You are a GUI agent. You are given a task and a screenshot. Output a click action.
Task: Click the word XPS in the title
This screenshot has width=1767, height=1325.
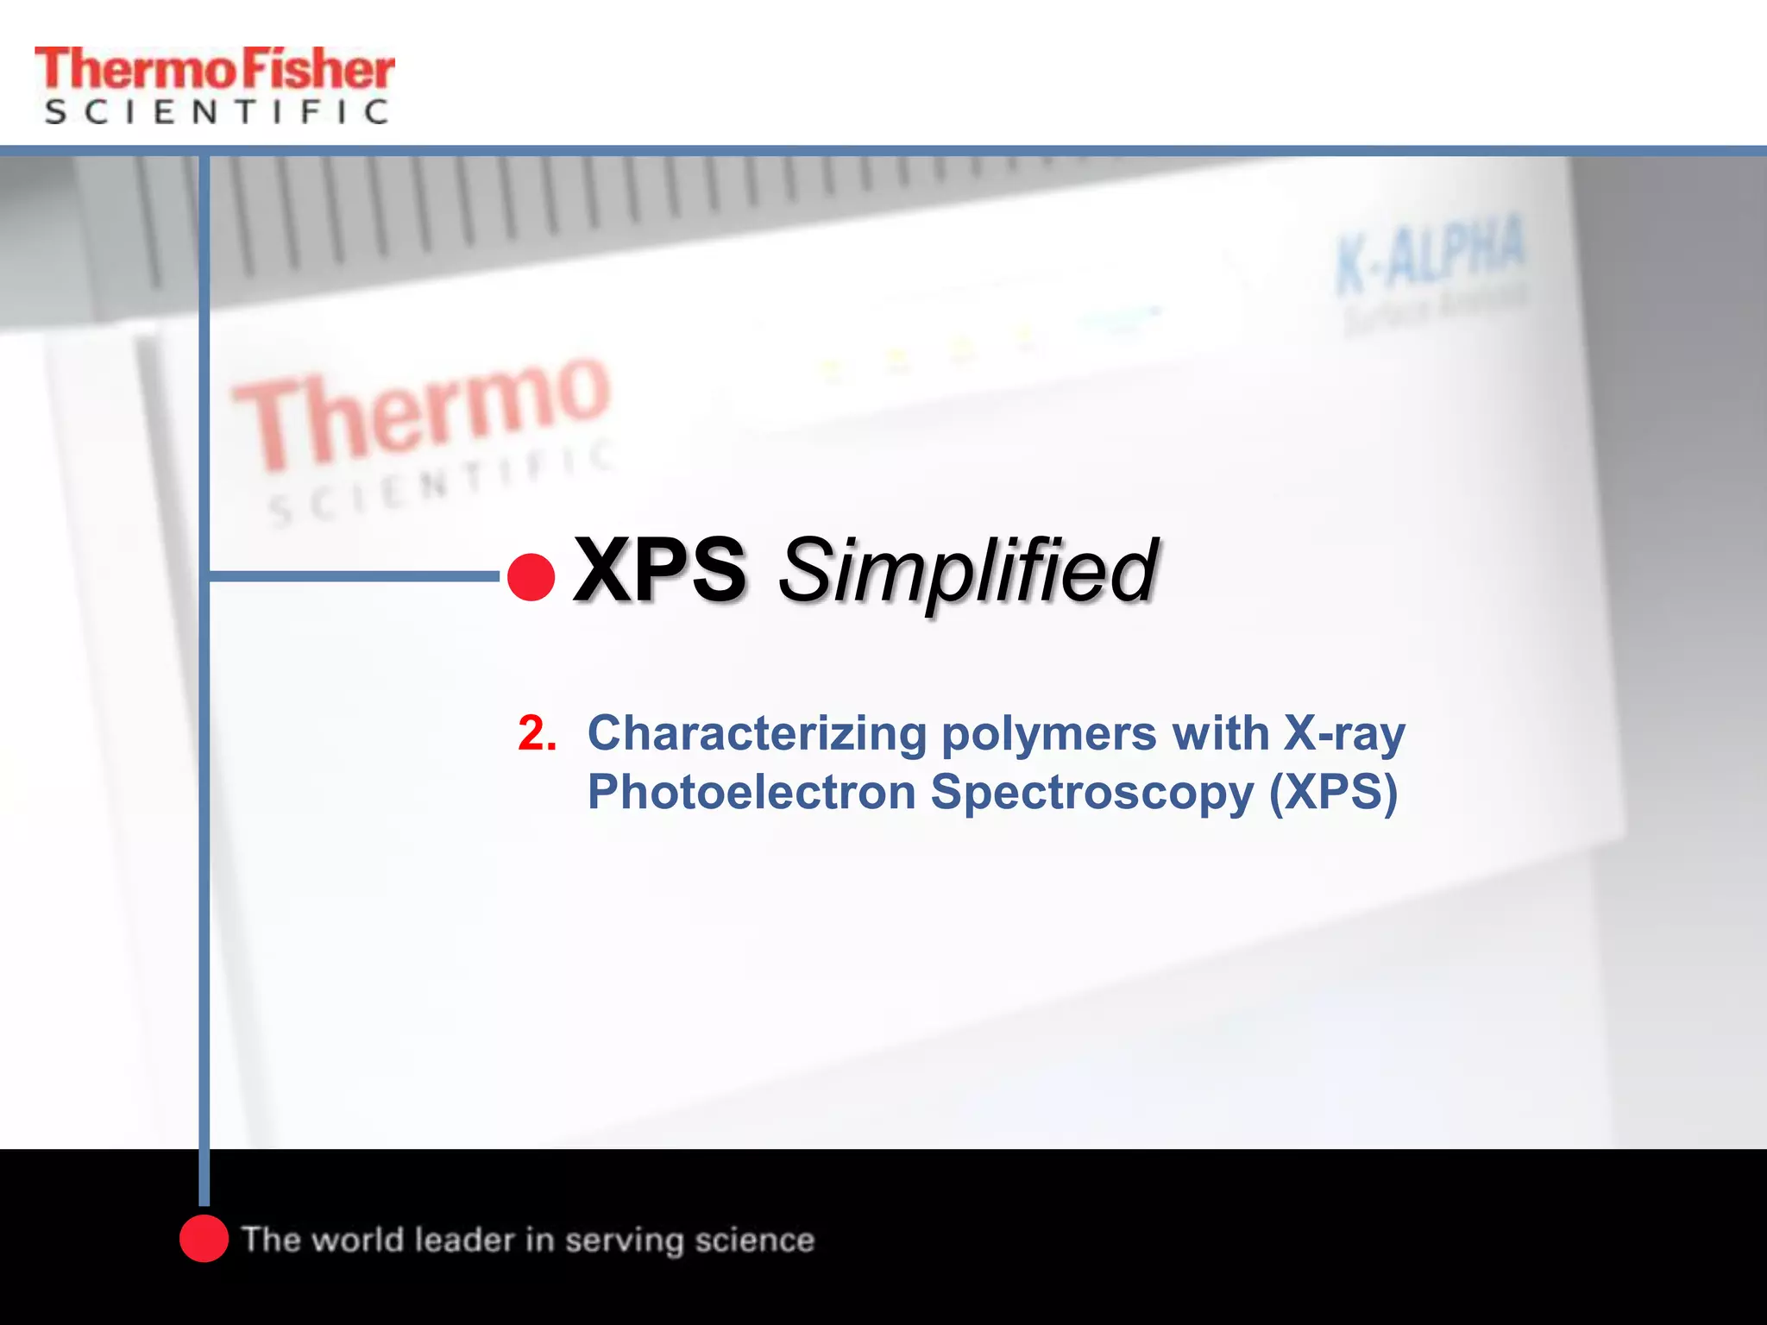pos(660,570)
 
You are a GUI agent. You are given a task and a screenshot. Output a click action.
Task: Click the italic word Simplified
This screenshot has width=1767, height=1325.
pos(967,572)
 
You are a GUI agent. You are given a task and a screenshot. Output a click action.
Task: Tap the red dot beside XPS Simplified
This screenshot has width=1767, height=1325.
pos(531,577)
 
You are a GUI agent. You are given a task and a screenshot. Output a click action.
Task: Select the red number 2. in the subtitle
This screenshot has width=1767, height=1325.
pos(537,734)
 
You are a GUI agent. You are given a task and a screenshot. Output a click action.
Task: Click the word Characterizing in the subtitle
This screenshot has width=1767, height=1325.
pos(757,734)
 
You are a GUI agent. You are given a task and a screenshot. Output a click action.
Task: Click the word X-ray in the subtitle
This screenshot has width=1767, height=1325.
pos(1344,734)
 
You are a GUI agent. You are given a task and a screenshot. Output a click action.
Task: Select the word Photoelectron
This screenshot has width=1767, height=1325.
pos(751,792)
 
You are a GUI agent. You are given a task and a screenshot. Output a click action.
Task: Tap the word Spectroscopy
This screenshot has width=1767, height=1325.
pos(1091,794)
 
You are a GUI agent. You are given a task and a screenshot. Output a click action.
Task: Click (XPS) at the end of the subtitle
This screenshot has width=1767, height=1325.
pos(1333,792)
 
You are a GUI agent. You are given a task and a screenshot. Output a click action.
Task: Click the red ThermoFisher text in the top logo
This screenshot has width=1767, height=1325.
pos(214,69)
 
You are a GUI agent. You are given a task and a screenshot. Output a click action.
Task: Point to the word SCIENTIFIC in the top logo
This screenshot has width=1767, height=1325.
pos(216,112)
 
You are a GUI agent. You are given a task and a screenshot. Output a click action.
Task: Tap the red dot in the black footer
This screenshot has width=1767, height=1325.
pos(204,1239)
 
